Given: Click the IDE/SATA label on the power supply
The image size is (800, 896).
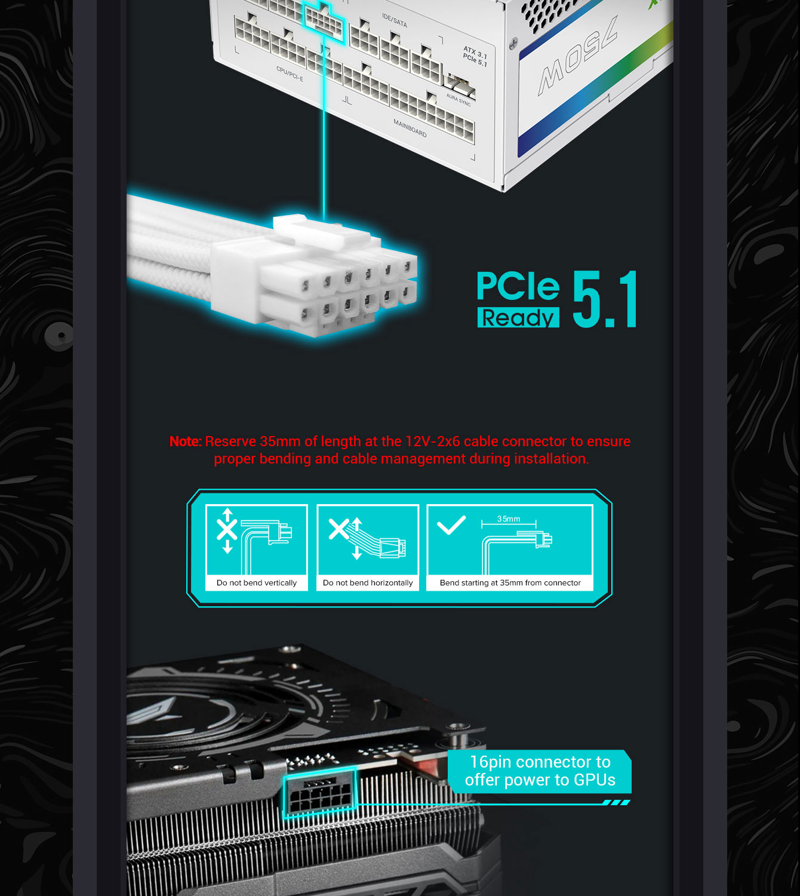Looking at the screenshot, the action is [x=394, y=20].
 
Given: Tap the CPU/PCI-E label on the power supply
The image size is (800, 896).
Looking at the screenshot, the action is [x=290, y=74].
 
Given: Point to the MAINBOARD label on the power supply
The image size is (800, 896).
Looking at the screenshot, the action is [x=410, y=128].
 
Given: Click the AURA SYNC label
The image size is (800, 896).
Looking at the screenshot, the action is [x=458, y=100].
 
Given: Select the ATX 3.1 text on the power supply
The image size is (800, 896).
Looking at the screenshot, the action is [x=475, y=52].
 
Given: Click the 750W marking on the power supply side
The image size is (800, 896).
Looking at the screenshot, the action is [x=577, y=56].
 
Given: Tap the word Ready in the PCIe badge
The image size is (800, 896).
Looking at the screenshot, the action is [x=518, y=318].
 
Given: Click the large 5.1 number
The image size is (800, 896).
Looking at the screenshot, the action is [x=604, y=299].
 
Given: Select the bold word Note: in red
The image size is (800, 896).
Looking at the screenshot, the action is [x=185, y=441].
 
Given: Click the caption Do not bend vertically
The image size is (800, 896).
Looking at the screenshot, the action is [x=256, y=583].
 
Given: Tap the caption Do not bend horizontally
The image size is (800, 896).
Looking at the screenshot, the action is [x=368, y=583].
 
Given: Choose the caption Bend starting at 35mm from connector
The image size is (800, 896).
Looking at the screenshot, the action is [x=510, y=583].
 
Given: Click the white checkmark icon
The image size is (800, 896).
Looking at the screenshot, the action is [x=451, y=525].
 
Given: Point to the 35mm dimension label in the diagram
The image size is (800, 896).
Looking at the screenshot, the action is [x=508, y=518].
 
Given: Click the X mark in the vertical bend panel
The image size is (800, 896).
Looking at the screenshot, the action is [x=227, y=530].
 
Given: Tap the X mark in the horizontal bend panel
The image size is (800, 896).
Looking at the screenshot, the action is [x=339, y=529].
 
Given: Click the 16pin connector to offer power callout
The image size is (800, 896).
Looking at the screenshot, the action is [x=540, y=771].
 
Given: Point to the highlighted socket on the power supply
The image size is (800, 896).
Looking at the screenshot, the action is [x=324, y=20].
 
